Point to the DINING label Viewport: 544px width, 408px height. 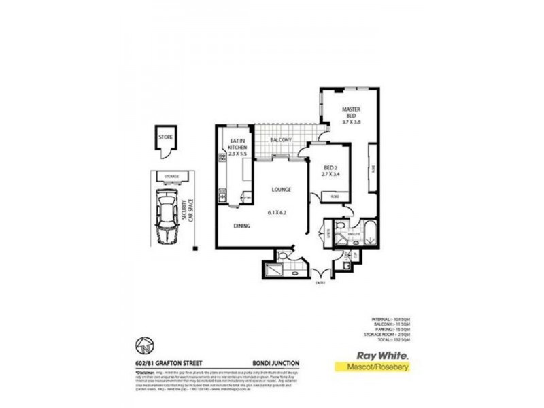pyautogui.click(x=242, y=226)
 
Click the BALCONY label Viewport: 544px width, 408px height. pyautogui.click(x=280, y=140)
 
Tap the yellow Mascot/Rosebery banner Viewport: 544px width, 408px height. pyautogui.click(x=374, y=367)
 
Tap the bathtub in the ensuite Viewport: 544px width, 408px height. pyautogui.click(x=369, y=233)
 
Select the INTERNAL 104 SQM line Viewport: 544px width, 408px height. pyautogui.click(x=388, y=319)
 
